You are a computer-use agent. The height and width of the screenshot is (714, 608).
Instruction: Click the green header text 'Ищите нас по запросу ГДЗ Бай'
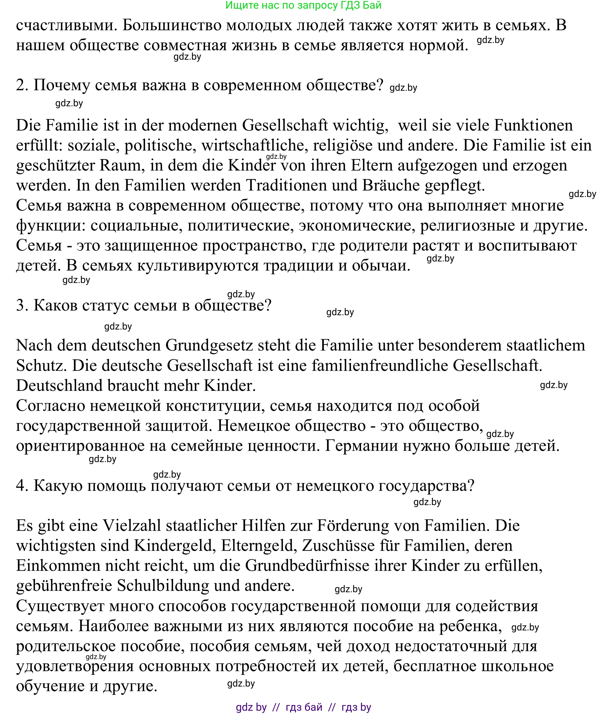tap(303, 5)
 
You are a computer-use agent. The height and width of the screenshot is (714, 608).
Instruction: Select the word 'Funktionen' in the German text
tap(534, 125)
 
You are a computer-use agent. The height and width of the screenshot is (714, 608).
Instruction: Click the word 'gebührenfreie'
tap(64, 585)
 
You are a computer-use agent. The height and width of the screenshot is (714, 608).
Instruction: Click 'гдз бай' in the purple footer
tap(304, 707)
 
